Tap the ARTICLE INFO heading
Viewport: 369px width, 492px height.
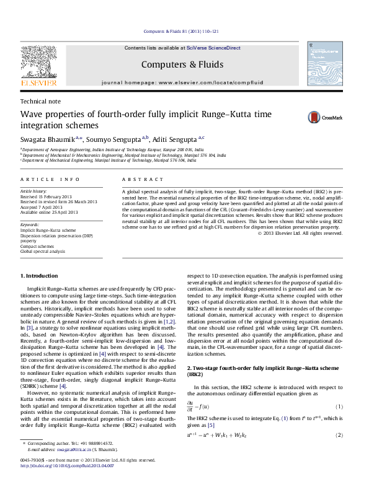[50, 179]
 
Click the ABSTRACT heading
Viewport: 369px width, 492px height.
[140, 179]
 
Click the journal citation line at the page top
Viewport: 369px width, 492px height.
[184, 30]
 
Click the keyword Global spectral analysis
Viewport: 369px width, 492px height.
[43, 252]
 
